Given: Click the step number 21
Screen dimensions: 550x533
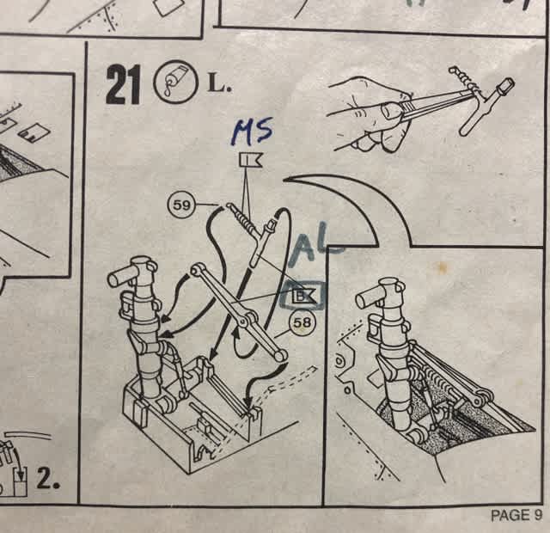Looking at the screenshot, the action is click(123, 86).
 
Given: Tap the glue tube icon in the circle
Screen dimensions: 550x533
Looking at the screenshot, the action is click(174, 82).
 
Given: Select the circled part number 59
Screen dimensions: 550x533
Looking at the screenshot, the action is click(181, 205).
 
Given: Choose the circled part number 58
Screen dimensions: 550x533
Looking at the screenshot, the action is click(302, 322).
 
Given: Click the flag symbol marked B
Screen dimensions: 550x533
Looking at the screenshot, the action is click(304, 296).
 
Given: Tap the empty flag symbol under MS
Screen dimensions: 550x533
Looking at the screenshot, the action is click(251, 161).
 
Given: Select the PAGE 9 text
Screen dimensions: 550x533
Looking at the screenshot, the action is click(516, 515).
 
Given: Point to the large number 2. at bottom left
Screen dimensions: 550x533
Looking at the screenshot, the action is click(48, 480).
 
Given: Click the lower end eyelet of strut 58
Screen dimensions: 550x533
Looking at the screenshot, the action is click(279, 356).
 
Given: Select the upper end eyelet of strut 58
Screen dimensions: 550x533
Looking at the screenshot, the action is click(197, 269).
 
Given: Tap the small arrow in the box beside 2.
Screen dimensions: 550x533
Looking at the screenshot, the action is click(21, 472).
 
